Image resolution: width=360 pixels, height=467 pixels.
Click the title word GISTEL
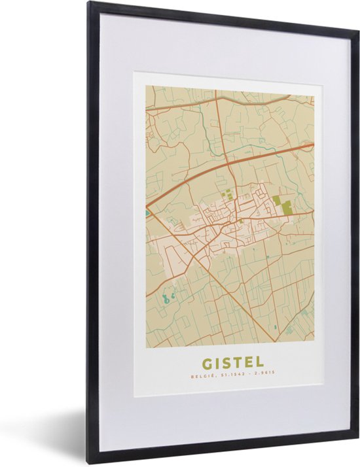click(229, 362)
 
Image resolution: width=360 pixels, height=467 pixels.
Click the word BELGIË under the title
click(200, 376)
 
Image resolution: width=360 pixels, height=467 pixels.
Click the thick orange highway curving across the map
click(196, 184)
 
